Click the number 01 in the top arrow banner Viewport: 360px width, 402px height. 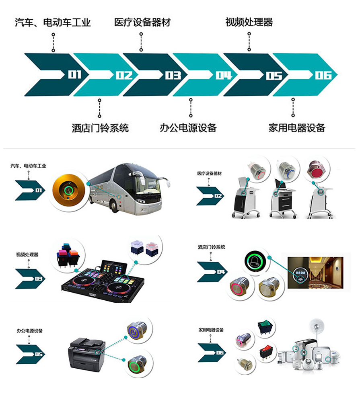(x=75, y=75)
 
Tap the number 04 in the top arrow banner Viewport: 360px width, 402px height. (x=224, y=75)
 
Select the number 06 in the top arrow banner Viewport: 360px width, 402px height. (x=323, y=75)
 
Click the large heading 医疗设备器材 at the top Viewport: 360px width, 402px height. (x=142, y=22)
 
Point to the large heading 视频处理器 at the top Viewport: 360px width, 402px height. (x=249, y=22)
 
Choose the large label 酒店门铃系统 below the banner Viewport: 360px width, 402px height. (x=100, y=128)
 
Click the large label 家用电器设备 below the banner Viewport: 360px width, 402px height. (x=296, y=128)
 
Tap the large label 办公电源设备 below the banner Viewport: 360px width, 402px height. (x=188, y=128)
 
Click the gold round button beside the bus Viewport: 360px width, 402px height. (x=68, y=190)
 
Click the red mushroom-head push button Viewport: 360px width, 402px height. (x=316, y=170)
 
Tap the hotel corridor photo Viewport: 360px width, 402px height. (x=315, y=273)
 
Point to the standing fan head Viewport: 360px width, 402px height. (x=317, y=326)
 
